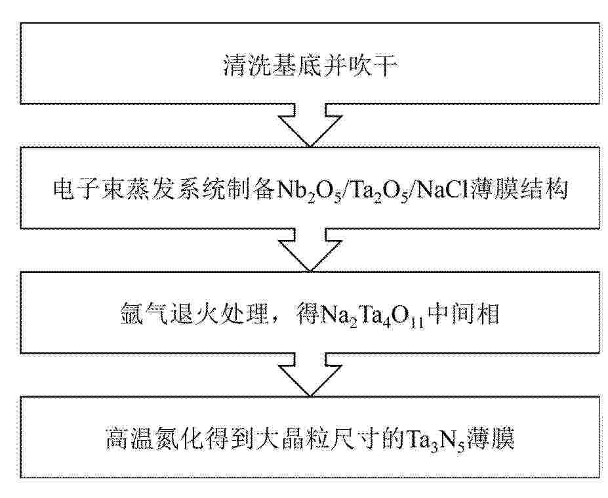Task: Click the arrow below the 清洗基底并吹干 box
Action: point(310,125)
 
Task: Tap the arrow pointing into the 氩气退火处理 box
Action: point(310,250)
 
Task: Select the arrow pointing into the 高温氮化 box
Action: point(310,375)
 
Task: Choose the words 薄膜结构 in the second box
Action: point(519,190)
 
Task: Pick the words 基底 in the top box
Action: point(287,65)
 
